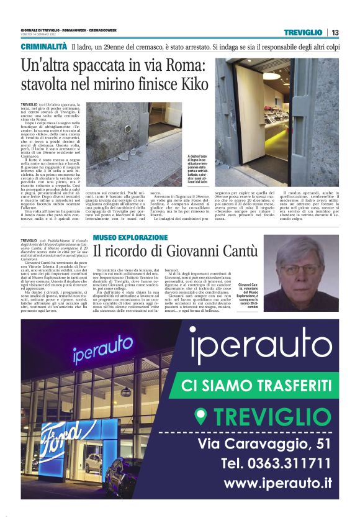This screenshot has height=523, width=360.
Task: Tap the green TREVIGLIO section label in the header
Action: click(x=303, y=32)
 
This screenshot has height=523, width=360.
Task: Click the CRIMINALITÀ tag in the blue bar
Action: click(x=43, y=47)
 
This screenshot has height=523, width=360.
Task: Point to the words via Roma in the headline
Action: click(x=155, y=66)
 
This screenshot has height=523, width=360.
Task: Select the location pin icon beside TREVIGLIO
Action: click(x=200, y=416)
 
